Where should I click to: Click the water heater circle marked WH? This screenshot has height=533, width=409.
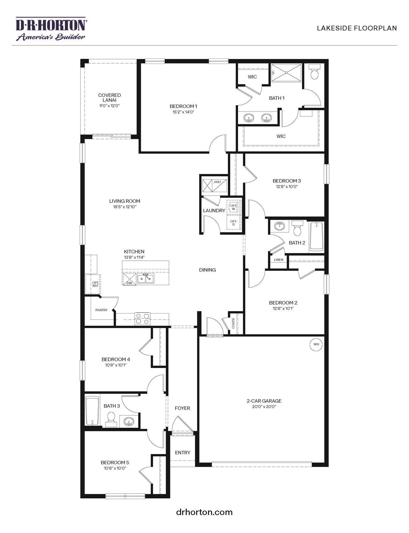coord(316,344)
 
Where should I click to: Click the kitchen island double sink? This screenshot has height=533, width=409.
coord(145,278)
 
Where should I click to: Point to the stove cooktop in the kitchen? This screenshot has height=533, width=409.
coord(142,318)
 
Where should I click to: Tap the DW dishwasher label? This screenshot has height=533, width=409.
coord(129,283)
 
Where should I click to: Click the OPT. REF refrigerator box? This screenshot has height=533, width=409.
coord(95,284)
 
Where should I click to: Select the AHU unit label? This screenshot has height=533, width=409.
coord(217,182)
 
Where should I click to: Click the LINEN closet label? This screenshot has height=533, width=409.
coord(278,260)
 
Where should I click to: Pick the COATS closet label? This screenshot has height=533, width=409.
coord(233,323)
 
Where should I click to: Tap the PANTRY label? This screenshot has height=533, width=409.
coord(101,310)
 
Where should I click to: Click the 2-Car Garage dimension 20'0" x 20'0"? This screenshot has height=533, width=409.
coord(264,407)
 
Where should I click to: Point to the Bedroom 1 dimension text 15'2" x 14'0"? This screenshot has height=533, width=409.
coord(183,112)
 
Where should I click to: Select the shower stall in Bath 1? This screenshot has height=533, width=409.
coord(286,73)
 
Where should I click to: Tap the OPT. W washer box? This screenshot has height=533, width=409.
coord(233,207)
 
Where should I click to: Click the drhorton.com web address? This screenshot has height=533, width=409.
coord(204,512)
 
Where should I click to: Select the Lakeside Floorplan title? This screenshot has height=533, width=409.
coord(357,28)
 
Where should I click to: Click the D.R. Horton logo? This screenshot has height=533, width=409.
coord(50,29)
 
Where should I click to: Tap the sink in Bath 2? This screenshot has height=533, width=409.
coord(280,226)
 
